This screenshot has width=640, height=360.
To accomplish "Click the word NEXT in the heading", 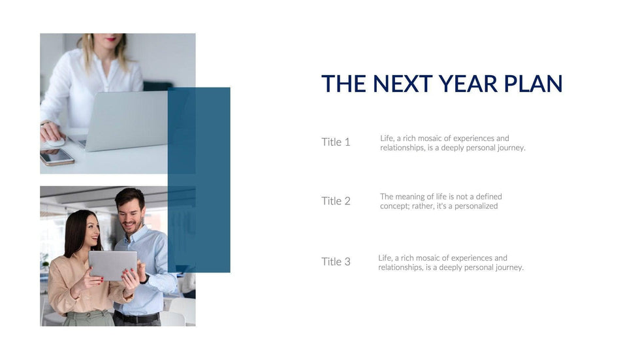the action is click(x=402, y=84).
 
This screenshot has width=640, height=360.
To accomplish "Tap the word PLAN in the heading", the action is click(x=533, y=84).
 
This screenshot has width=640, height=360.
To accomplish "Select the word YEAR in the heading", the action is click(x=468, y=84).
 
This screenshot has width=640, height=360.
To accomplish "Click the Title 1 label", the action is click(x=336, y=142).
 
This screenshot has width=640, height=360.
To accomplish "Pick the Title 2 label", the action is click(x=336, y=201).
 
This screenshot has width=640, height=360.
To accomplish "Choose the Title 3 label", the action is click(x=336, y=261).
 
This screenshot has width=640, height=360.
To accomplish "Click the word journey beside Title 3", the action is click(x=509, y=268).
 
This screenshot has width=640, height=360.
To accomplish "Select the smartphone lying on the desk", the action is click(x=57, y=157).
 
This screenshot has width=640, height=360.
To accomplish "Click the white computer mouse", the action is click(x=55, y=142).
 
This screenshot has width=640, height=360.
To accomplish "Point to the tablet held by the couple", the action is click(x=112, y=265).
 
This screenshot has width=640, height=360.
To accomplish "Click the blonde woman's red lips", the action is click(x=111, y=39).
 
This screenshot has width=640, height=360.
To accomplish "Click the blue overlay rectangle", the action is click(x=199, y=180).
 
